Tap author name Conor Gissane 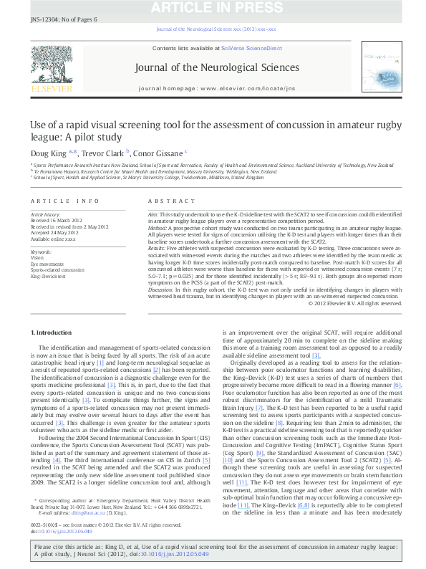160,152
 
